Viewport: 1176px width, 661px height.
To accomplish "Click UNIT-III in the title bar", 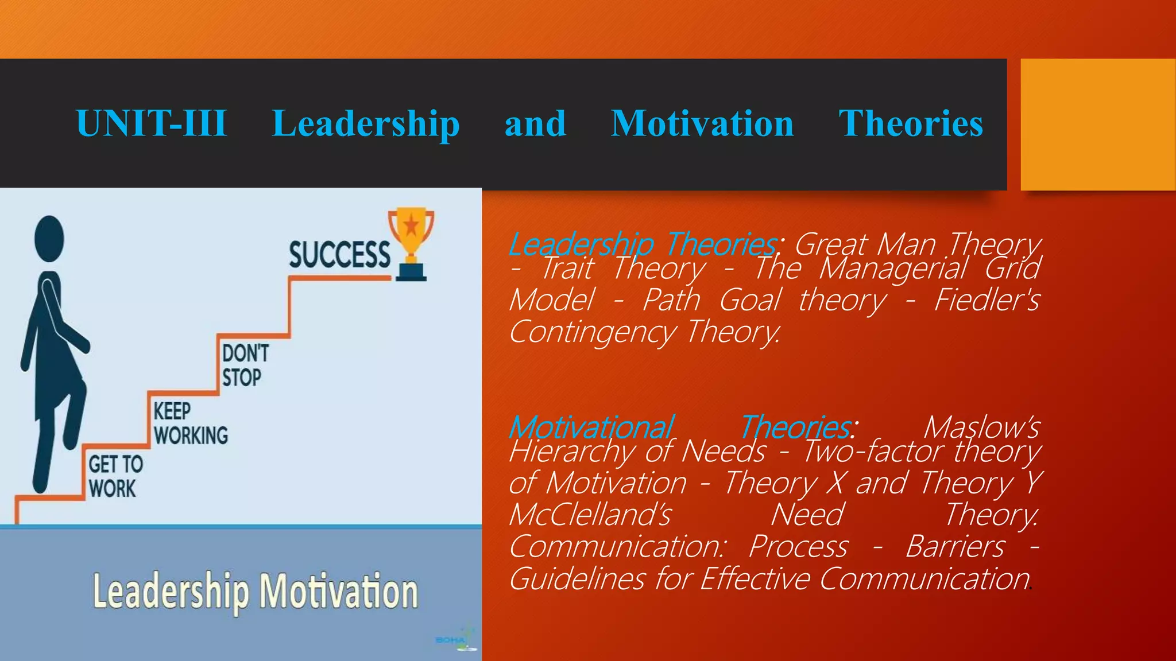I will click(152, 123).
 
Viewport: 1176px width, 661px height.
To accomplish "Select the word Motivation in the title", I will click(702, 123).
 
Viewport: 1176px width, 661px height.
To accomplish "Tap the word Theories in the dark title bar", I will click(911, 123).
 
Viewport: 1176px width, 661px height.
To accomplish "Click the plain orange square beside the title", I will click(1097, 124).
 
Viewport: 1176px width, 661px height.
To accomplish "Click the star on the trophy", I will click(411, 225).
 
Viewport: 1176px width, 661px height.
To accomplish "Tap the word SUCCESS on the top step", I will click(339, 255).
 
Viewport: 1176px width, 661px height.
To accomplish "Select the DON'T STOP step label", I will click(245, 366).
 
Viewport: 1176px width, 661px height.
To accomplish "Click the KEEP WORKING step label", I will click(190, 423).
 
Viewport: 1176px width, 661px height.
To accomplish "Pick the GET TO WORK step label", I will click(115, 476).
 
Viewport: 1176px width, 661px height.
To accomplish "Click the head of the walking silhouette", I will click(49, 239).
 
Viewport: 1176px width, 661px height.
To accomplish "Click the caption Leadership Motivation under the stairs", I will click(256, 591).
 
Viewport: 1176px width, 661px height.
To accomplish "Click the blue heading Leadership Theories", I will click(643, 244).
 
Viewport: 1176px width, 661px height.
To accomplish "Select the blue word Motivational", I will click(591, 427).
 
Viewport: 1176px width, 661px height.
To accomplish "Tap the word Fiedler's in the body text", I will click(987, 300).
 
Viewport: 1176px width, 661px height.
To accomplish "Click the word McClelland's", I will click(590, 514).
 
